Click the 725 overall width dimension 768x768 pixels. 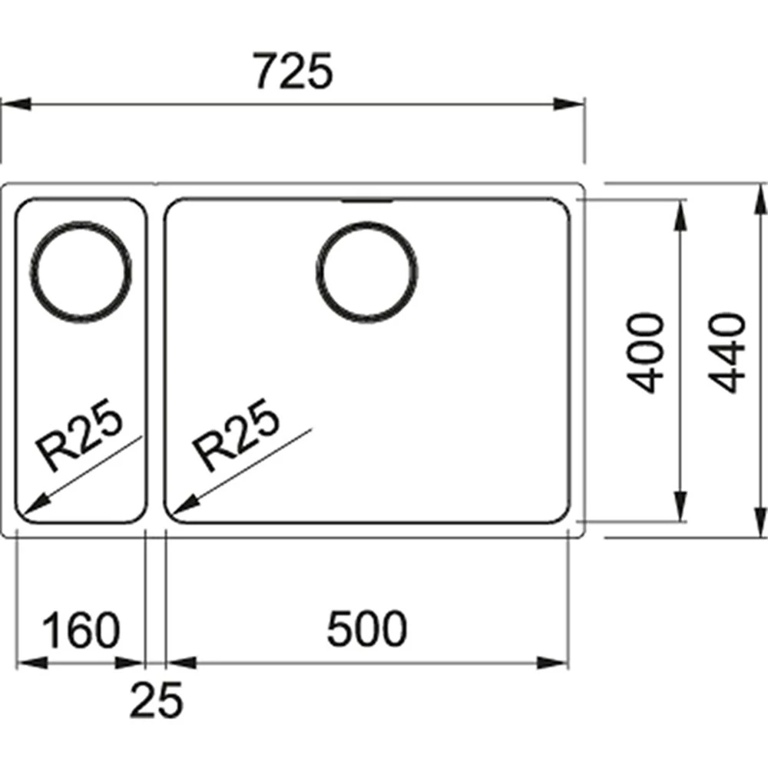tap(294, 71)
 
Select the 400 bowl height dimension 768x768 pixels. tap(646, 353)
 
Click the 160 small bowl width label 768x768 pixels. tap(81, 630)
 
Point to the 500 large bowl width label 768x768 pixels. tap(367, 628)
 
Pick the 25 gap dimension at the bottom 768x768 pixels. tap(156, 700)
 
